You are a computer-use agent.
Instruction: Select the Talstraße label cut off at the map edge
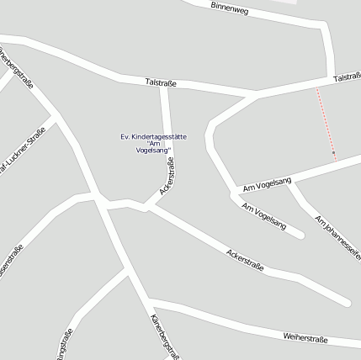point(348,77)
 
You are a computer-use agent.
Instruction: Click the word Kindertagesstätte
point(159,136)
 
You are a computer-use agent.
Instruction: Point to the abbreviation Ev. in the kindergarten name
point(125,136)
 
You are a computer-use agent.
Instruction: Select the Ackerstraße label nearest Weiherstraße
point(245,260)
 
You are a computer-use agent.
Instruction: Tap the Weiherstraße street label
point(305,337)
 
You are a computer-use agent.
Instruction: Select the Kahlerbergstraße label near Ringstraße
point(163,337)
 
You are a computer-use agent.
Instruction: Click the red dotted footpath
point(326,122)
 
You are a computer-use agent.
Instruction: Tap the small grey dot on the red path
point(334,153)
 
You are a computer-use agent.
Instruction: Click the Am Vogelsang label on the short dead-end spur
point(264,216)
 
